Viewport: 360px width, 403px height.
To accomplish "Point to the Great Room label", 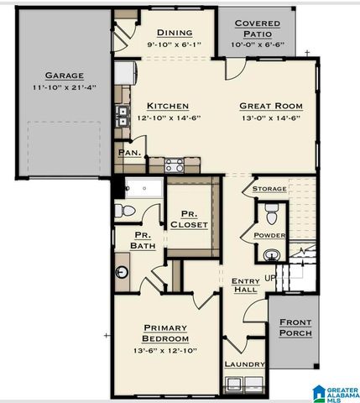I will [270, 106].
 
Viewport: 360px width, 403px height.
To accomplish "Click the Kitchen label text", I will [168, 106].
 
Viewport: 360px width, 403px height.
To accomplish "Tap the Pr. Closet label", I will [189, 219].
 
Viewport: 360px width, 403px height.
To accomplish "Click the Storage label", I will [269, 189].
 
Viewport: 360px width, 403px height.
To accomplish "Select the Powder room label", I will [269, 235].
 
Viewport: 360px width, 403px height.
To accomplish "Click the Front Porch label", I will [295, 327].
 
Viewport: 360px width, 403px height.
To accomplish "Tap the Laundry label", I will [245, 364].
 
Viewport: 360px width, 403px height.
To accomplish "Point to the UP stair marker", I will [270, 278].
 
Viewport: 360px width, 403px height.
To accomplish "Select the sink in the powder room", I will [269, 254].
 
